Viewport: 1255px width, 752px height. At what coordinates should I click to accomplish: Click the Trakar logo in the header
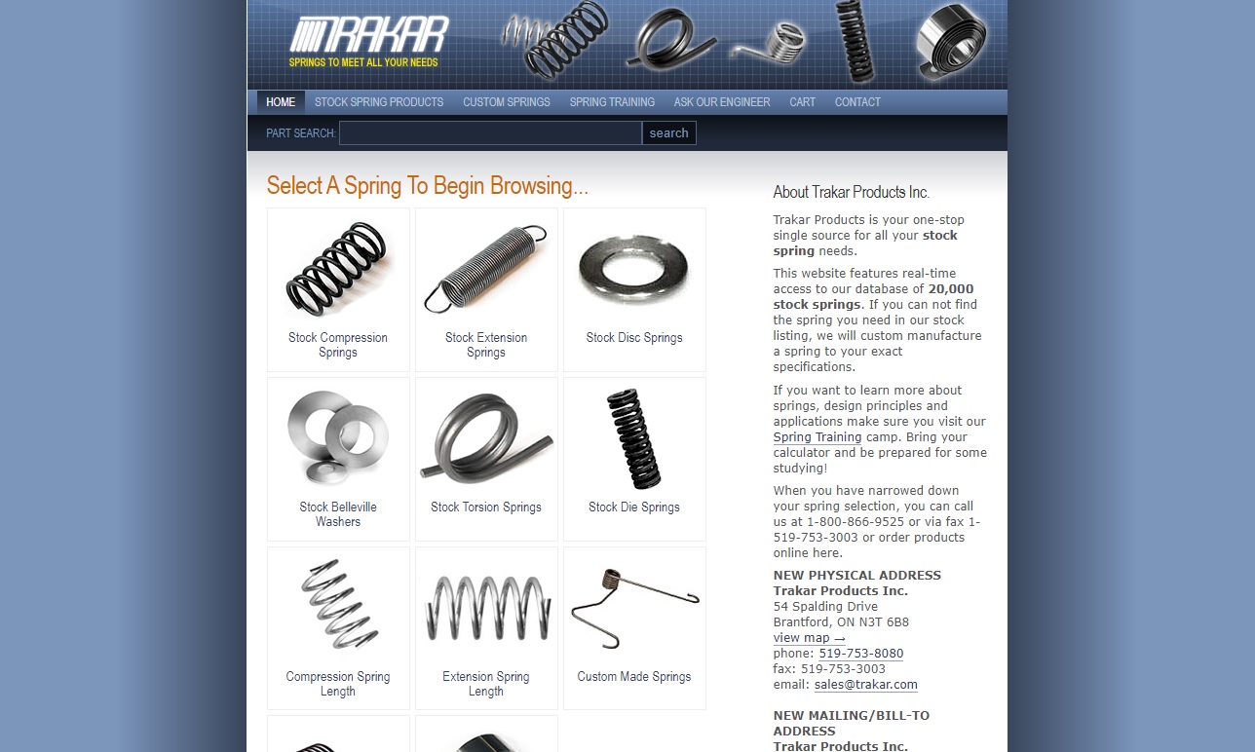[x=369, y=41]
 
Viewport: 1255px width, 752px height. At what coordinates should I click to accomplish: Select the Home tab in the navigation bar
[x=281, y=102]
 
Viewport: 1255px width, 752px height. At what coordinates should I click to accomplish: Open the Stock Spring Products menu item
[x=379, y=102]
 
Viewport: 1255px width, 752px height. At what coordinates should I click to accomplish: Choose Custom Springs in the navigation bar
[x=507, y=102]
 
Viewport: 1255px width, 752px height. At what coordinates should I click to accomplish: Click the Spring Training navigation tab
[x=612, y=102]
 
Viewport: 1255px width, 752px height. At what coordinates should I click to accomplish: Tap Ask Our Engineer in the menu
[x=722, y=102]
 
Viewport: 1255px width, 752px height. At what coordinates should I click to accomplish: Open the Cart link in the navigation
[x=803, y=102]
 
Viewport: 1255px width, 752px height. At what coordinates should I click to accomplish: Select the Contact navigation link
[x=857, y=102]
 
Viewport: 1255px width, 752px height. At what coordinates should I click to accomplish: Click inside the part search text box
[x=490, y=133]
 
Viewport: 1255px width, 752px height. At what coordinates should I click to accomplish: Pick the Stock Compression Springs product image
[x=338, y=269]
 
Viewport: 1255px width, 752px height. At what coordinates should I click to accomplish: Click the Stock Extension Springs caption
[x=486, y=345]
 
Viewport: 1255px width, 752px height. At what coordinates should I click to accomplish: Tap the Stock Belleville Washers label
[x=338, y=514]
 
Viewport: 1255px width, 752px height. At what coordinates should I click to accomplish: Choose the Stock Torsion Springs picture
[x=486, y=438]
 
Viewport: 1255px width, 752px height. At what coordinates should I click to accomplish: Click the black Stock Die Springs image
[x=634, y=438]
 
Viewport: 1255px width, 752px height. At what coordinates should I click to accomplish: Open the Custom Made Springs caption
[x=634, y=677]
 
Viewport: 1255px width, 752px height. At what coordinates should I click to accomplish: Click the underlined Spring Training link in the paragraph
[x=818, y=437]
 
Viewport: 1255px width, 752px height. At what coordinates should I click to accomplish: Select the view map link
[x=809, y=638]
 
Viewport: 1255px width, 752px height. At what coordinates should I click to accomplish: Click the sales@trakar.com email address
[x=866, y=685]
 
